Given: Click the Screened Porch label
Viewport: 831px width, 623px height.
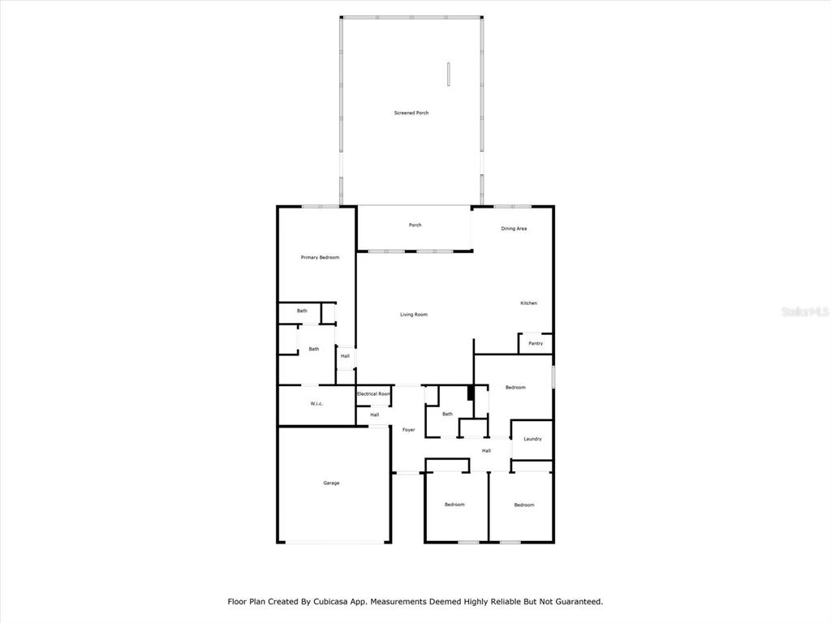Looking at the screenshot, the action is [411, 113].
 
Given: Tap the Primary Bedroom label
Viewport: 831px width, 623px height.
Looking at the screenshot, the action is [320, 257].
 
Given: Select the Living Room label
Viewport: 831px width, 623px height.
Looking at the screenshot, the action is [413, 315].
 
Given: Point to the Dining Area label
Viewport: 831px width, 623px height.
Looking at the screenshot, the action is [514, 229].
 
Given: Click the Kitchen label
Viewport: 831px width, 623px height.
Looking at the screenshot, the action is [528, 303].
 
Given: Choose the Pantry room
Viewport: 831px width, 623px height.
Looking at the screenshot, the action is [536, 343].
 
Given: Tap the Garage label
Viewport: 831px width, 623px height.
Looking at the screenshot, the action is [331, 483].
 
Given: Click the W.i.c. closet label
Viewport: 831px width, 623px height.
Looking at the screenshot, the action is [316, 404].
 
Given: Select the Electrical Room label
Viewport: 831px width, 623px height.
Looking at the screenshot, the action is [373, 393].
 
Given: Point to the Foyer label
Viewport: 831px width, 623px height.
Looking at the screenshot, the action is [409, 430].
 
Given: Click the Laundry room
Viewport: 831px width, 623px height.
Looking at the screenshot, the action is [532, 439].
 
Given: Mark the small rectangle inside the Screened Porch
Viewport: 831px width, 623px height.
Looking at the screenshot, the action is [448, 74].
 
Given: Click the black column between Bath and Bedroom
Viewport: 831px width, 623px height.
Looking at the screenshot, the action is [470, 393].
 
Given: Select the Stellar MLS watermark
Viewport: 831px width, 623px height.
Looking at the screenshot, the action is [805, 311].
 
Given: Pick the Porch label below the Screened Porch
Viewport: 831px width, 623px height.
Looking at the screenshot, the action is [415, 226].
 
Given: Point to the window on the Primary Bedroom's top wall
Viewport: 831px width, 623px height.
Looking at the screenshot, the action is [321, 206].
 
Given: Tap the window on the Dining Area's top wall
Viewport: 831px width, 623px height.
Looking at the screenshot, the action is [513, 206].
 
